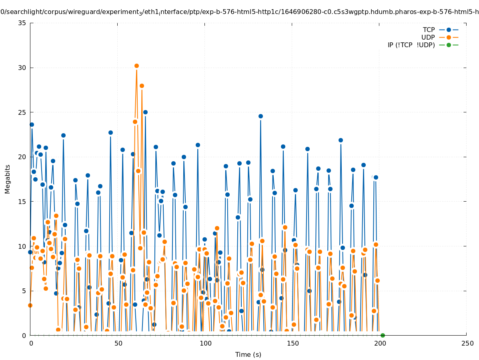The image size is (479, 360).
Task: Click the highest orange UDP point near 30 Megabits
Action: [136, 66]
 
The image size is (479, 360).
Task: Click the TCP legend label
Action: [429, 30]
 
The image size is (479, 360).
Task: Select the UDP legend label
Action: [428, 37]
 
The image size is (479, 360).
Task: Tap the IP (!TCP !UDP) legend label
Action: [411, 45]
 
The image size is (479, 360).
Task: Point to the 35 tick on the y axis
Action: [22, 23]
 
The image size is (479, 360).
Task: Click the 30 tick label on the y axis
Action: [22, 68]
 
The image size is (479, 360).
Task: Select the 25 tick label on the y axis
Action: [22, 112]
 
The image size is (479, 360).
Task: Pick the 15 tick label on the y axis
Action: [22, 202]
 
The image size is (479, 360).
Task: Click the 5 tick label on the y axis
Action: [24, 291]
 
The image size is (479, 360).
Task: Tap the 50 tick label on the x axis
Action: [118, 343]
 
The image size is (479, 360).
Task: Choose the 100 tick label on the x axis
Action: [205, 343]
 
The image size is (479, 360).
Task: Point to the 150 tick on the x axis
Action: [293, 343]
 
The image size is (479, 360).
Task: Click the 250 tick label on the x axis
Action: [467, 343]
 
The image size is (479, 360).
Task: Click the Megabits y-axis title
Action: [8, 179]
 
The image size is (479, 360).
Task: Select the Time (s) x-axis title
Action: [248, 354]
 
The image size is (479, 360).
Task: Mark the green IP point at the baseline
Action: [383, 335]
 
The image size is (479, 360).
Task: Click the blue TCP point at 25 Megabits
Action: [145, 112]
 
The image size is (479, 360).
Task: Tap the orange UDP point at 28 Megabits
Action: [142, 86]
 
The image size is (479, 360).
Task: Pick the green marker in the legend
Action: [449, 45]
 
